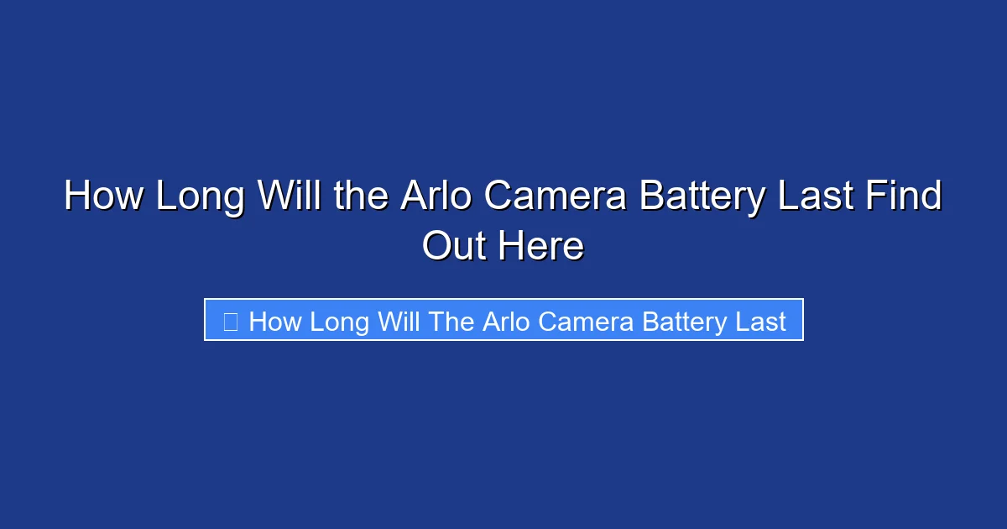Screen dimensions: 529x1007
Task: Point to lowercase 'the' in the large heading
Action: coord(360,197)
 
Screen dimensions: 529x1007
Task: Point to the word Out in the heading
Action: coord(455,247)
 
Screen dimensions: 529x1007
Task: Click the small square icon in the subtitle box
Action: coord(230,321)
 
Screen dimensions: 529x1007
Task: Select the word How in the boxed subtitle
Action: coord(275,322)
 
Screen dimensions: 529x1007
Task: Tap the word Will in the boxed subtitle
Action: coord(398,322)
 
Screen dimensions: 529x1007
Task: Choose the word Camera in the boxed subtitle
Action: coord(587,322)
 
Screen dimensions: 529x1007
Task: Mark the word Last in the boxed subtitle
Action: coord(759,322)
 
